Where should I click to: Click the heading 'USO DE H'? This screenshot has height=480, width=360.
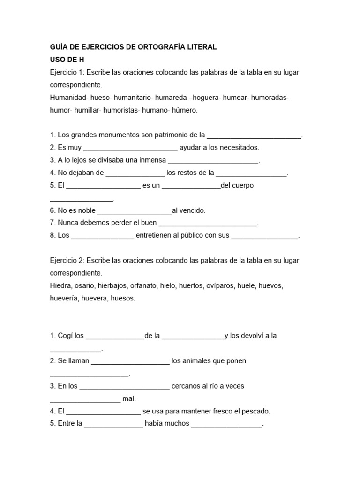click(x=67, y=60)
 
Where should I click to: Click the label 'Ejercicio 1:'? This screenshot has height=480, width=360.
click(x=67, y=72)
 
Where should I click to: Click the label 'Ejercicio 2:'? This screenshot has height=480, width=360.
click(x=67, y=260)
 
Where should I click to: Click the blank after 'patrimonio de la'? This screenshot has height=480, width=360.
click(x=254, y=135)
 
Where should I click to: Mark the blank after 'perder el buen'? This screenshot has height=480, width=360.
click(x=208, y=224)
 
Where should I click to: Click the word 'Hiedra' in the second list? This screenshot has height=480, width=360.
click(x=60, y=285)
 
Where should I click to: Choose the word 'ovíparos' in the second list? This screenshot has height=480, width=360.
click(x=220, y=285)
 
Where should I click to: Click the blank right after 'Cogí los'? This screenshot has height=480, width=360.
click(x=115, y=336)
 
